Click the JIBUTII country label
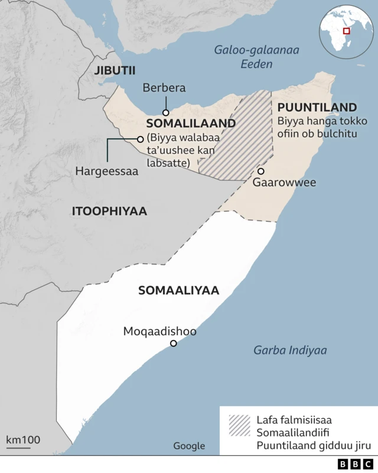114,70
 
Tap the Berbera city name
164,88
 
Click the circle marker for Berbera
166,112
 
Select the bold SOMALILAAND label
191,124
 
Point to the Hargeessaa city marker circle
140,139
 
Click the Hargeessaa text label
106,171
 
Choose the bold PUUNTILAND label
317,108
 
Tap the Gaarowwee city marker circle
260,171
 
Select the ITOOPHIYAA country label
109,211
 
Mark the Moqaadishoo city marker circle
173,344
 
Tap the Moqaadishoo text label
159,332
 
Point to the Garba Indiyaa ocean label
290,350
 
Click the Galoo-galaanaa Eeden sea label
256,57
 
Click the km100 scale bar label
23,439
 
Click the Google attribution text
189,446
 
